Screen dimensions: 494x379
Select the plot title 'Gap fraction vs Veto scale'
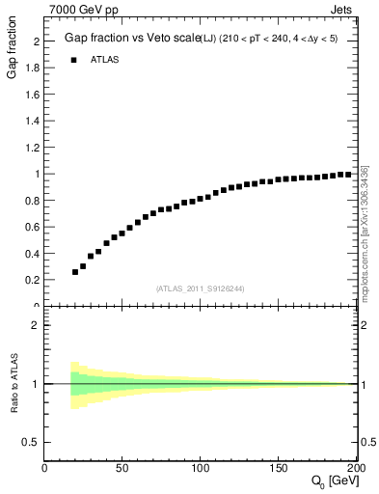(x=128, y=38)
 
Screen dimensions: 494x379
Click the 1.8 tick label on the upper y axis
(x=34, y=69)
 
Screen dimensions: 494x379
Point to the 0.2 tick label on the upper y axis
(x=34, y=280)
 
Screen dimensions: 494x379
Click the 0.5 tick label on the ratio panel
(x=32, y=442)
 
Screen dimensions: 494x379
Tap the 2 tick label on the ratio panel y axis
(x=36, y=325)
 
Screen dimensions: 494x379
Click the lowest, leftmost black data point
(x=75, y=272)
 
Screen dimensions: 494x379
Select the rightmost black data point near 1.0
(x=348, y=175)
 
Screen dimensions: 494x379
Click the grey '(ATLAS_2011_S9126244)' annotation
(x=201, y=288)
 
